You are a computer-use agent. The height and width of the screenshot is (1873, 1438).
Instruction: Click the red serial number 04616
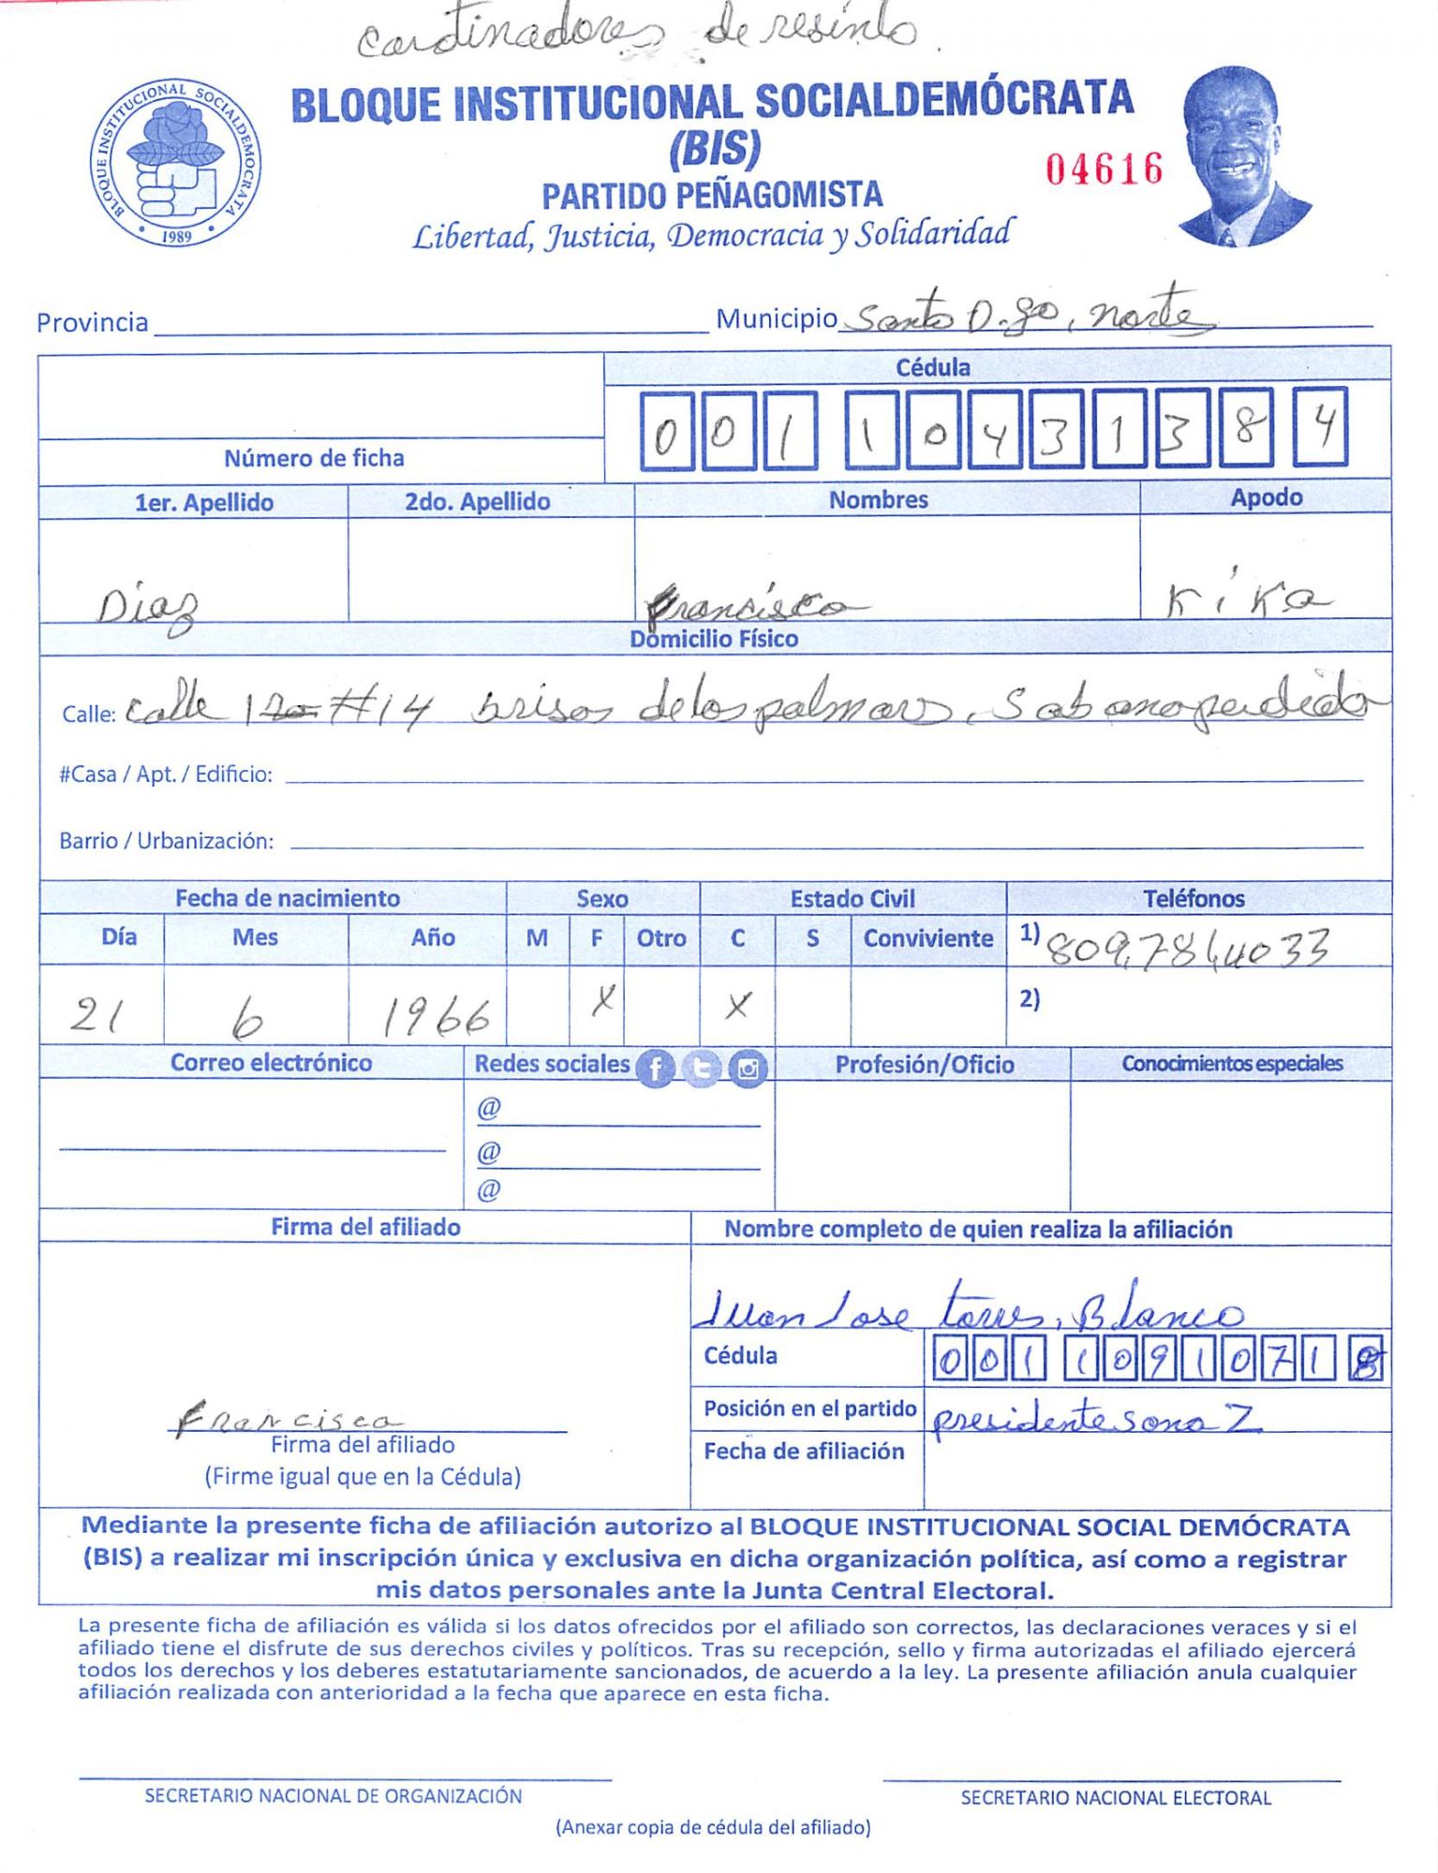coord(1104,170)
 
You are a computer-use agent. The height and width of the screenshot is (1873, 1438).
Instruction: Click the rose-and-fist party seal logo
coord(176,163)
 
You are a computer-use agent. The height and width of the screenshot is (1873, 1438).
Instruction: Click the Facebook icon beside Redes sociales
coord(655,1068)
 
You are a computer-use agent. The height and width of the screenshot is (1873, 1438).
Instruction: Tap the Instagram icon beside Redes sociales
coord(748,1068)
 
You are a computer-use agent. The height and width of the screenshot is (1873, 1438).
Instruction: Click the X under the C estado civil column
coord(737,1006)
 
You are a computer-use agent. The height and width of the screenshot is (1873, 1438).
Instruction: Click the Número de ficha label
coord(314,458)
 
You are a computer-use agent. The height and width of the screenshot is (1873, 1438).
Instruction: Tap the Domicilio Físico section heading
coord(714,639)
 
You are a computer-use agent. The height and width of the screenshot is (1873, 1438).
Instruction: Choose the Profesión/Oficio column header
coord(924,1064)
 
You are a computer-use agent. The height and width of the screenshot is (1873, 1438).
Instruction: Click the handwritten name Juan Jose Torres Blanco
coord(970,1309)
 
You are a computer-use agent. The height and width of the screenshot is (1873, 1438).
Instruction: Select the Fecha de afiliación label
coord(804,1451)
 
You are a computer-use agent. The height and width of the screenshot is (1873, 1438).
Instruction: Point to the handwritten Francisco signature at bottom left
coord(286,1419)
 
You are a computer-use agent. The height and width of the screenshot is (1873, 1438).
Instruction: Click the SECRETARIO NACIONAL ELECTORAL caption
coord(1115,1797)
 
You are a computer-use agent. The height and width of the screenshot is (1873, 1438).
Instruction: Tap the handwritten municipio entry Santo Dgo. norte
coord(1026,317)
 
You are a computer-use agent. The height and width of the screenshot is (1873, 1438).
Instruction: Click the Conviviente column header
coord(927,937)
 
